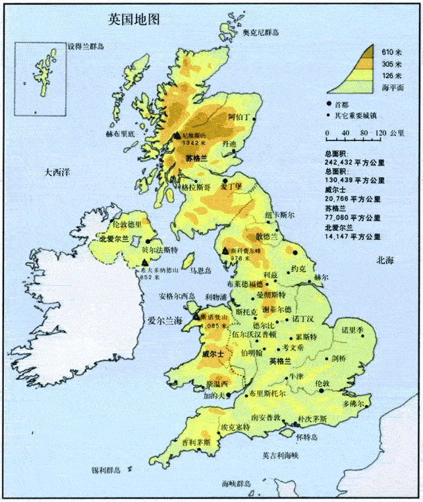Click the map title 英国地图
pos(134,19)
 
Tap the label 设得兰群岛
pos(87,47)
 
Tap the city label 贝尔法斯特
pos(159,251)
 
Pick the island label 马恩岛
pos(200,271)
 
